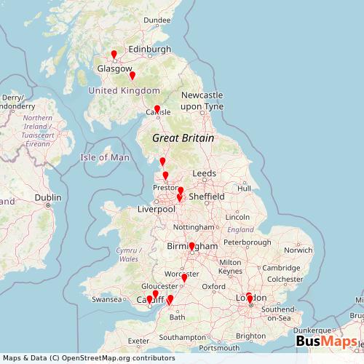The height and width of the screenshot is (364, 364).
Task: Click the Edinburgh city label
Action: pos(149,50)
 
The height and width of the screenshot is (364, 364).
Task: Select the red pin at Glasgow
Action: pos(114,54)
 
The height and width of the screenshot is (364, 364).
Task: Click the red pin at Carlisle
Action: pos(157,109)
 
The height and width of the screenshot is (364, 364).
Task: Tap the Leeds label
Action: pos(204,173)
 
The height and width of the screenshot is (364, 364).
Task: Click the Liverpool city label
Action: pos(157,210)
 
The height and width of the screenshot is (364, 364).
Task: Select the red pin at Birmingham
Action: pos(191,247)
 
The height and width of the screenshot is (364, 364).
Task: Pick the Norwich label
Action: pos(298,250)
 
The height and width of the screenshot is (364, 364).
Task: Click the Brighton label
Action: pos(251,336)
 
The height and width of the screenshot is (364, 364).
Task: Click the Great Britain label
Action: pos(183,138)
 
